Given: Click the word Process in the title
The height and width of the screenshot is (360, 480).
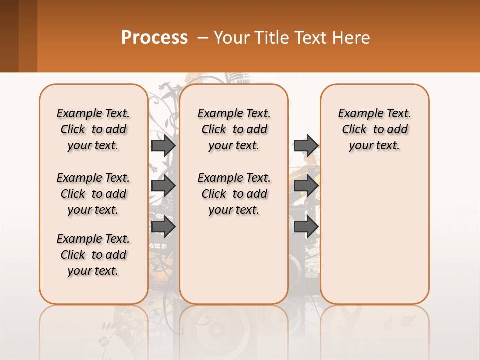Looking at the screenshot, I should point(154,38).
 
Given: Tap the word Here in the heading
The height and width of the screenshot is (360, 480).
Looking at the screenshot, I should point(352,38).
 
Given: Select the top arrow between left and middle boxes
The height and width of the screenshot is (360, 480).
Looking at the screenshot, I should point(163,145).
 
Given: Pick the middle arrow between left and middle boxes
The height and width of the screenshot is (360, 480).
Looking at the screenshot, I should point(163,186).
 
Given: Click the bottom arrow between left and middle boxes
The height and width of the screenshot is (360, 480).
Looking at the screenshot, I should point(163,227).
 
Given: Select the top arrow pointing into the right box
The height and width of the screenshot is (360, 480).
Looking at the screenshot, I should point(306,145).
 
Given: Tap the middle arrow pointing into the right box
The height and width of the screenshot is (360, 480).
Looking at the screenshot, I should point(306,186).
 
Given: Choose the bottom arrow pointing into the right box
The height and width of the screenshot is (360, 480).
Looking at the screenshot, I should point(306,227).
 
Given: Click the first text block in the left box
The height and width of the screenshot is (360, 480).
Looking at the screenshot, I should point(93,129).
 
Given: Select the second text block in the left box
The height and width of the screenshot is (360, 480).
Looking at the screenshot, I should point(93,194).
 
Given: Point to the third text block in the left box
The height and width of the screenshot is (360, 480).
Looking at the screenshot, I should point(93,255).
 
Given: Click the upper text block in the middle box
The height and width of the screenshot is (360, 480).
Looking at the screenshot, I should point(234,129).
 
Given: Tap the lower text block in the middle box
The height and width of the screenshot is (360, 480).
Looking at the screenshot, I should point(234,194).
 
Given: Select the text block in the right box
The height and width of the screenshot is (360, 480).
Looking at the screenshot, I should point(374,129).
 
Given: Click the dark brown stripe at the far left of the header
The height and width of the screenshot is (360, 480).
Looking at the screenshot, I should point(9,36).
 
